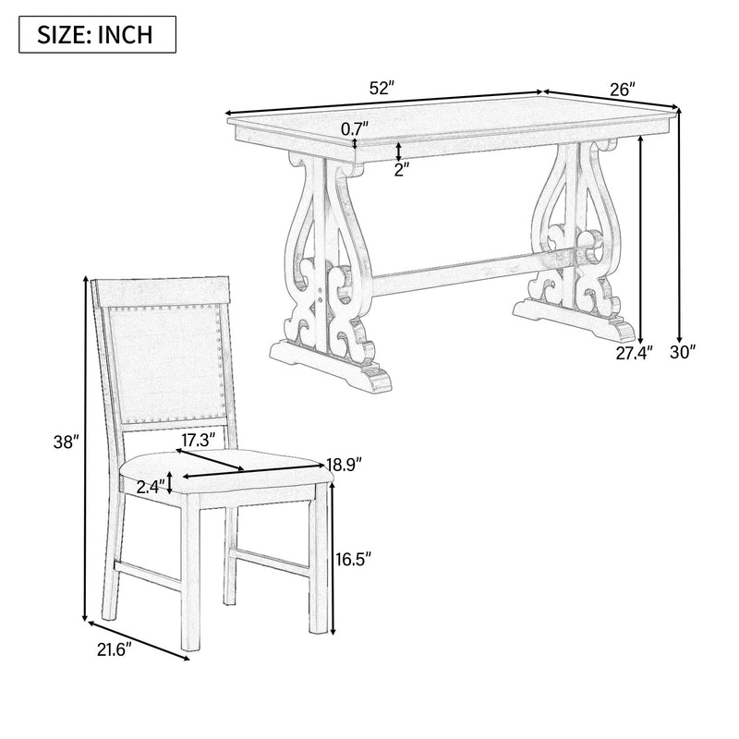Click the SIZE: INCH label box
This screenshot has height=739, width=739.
[95, 36]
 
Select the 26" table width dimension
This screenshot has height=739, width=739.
[623, 90]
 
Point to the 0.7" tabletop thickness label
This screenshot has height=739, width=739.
[355, 129]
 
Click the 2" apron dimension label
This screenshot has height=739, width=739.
[400, 170]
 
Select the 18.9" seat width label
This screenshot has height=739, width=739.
[344, 465]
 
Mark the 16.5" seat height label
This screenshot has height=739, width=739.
[352, 559]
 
